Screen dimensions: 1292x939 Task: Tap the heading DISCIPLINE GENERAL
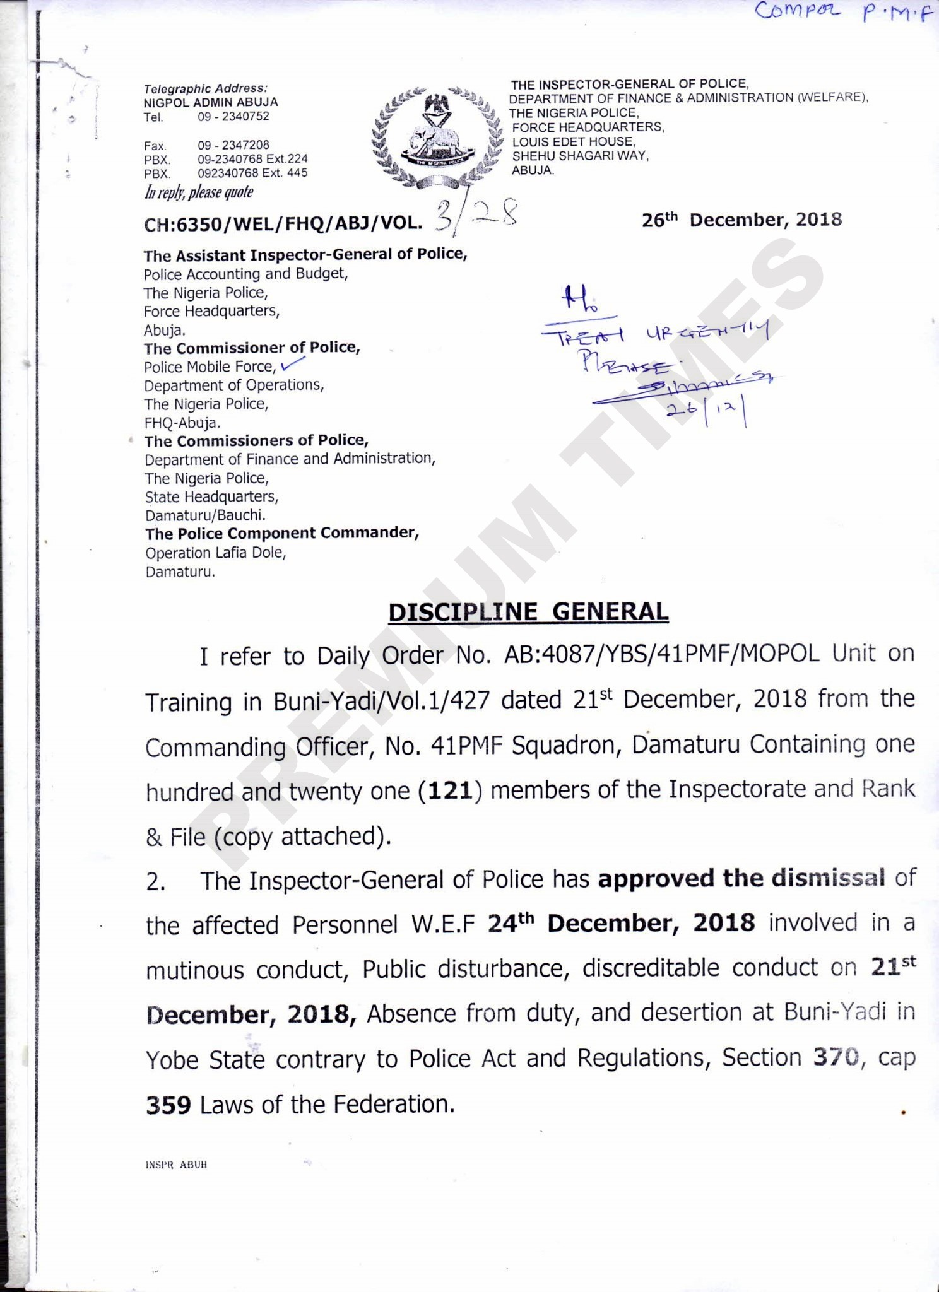click(x=528, y=612)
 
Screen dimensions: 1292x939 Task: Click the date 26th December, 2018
click(x=741, y=220)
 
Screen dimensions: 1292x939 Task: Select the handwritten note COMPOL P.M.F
click(x=843, y=12)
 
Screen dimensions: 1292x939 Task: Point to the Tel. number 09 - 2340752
click(x=233, y=116)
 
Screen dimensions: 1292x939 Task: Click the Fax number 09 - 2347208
click(x=233, y=145)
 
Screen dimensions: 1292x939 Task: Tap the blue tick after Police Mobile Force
click(x=293, y=363)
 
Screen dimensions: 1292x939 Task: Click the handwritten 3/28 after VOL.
click(x=477, y=216)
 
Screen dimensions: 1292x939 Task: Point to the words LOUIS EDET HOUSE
click(x=573, y=141)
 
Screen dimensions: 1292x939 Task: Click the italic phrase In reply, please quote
click(x=199, y=192)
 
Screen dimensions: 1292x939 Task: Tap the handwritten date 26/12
click(x=707, y=413)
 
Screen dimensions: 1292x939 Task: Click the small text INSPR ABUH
click(x=176, y=1165)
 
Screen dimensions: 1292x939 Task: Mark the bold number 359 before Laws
click(x=168, y=1105)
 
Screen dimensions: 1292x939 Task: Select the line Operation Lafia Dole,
click(x=216, y=553)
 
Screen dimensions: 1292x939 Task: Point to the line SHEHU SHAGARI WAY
click(x=580, y=156)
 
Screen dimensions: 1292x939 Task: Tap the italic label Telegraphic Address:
click(x=206, y=89)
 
